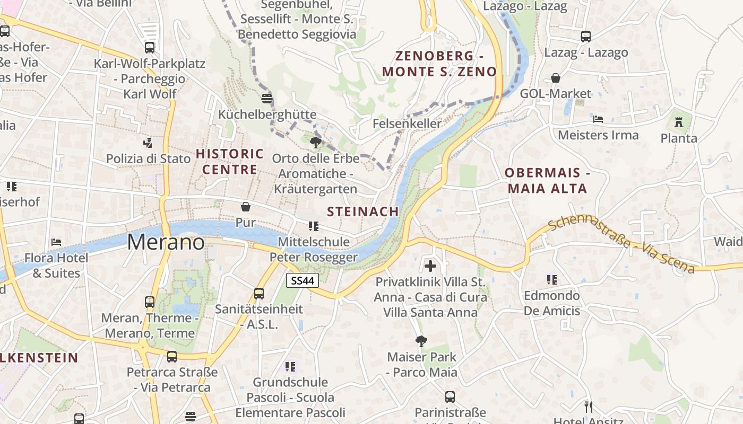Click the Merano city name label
click(166, 242)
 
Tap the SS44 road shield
click(303, 280)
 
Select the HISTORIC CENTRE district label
click(230, 162)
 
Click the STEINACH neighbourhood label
click(363, 211)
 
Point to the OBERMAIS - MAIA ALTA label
click(547, 180)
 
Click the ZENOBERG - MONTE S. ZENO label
click(439, 64)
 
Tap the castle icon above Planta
click(678, 122)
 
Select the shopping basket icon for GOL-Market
click(556, 78)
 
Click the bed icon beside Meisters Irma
click(598, 119)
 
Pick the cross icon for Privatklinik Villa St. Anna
click(430, 266)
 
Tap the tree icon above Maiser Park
click(421, 341)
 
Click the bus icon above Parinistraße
click(450, 396)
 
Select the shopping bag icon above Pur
click(246, 206)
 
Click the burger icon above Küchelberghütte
click(267, 98)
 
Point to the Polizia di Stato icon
click(148, 143)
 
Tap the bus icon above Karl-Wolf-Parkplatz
click(150, 47)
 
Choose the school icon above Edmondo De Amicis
click(552, 279)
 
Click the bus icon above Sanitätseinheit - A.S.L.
click(259, 293)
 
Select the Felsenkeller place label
click(407, 123)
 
